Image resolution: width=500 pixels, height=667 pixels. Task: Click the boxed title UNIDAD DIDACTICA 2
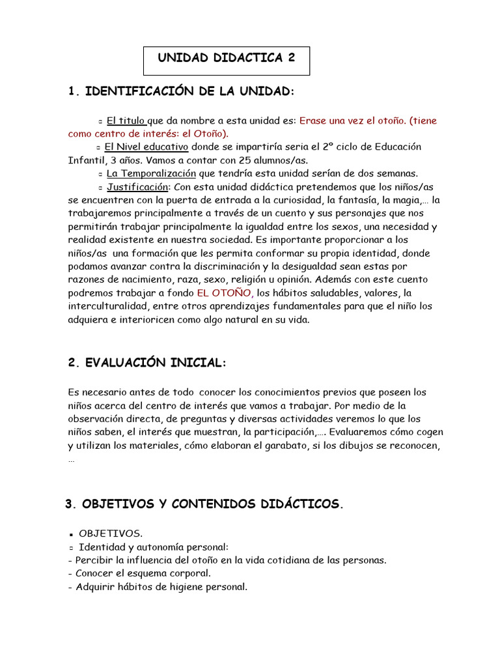pos(227,59)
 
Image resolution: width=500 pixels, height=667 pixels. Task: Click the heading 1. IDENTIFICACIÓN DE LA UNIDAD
pos(181,92)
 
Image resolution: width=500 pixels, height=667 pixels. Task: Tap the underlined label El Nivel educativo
pos(146,147)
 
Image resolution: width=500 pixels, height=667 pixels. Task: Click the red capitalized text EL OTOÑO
pos(225,292)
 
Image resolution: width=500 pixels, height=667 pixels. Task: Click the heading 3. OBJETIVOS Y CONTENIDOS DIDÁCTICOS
pos(204,504)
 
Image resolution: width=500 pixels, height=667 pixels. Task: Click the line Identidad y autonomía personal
pos(154,547)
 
